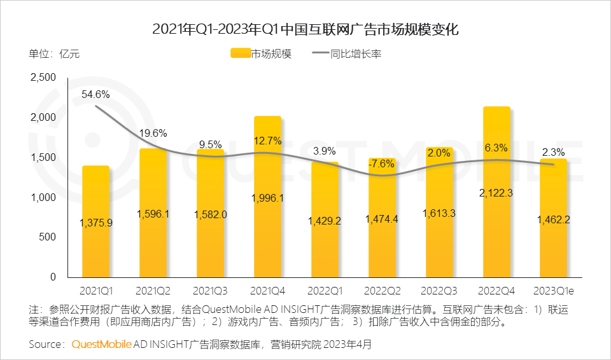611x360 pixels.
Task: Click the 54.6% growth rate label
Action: (95, 94)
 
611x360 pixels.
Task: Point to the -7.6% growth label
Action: (382, 163)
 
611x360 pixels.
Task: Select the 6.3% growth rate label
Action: (496, 148)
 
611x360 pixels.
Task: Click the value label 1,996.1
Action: (267, 198)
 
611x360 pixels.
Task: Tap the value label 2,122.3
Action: (496, 191)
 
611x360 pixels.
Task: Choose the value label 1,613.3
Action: (439, 213)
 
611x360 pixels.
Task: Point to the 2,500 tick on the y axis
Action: (43, 78)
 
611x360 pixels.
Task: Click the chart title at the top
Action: (305, 29)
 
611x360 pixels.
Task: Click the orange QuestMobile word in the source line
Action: (101, 344)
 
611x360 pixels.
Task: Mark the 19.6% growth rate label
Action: (153, 133)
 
